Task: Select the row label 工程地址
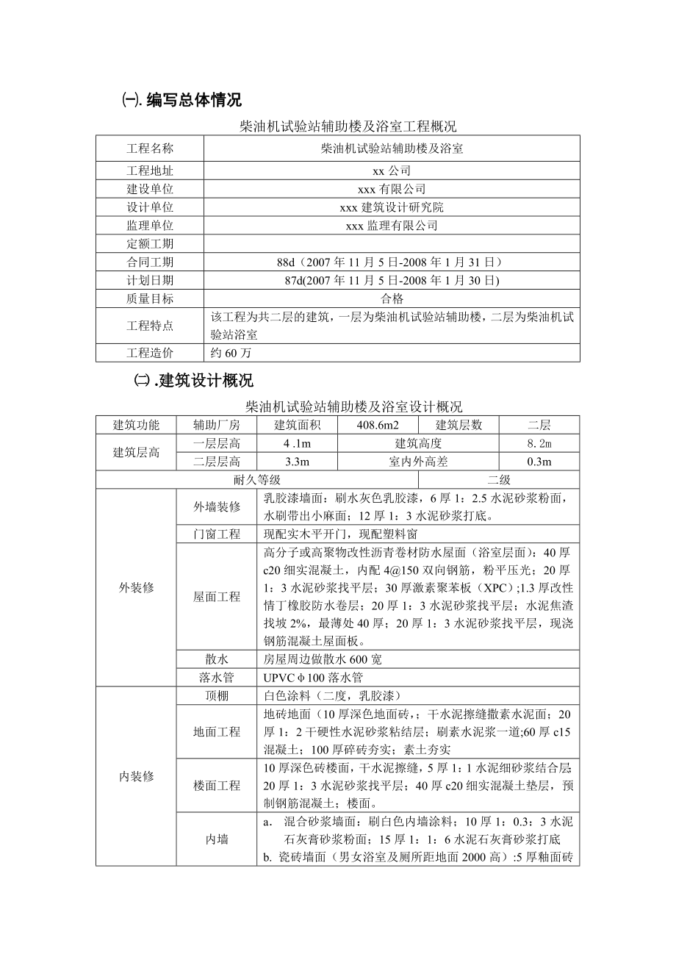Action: click(150, 171)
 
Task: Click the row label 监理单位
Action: click(150, 226)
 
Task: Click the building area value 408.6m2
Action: click(377, 425)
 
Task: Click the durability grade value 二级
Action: click(499, 479)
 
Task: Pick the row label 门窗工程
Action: click(217, 534)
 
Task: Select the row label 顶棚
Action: click(217, 695)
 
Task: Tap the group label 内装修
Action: click(136, 777)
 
